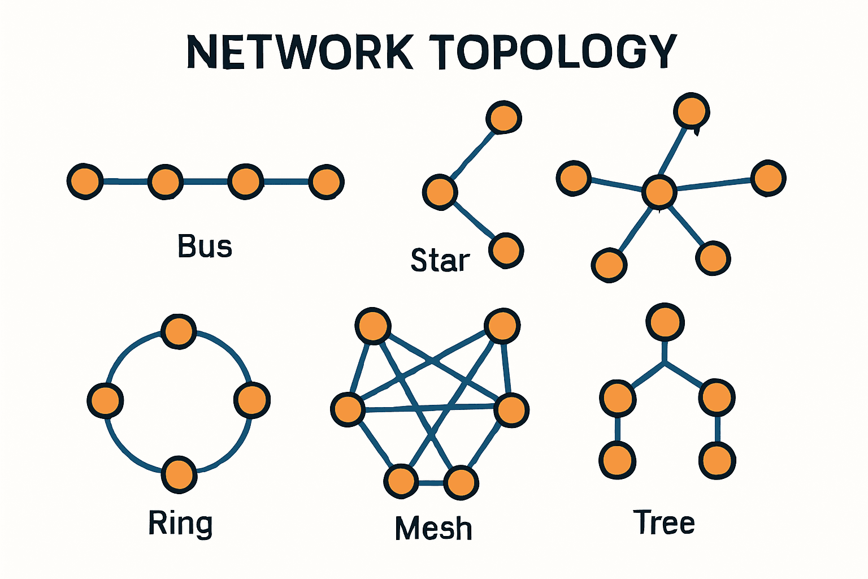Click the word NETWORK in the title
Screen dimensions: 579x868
(x=300, y=52)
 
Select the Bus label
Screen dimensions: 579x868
(x=205, y=247)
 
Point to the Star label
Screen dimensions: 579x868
(x=440, y=260)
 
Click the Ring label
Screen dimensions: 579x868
(x=180, y=524)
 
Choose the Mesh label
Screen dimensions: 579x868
(x=433, y=529)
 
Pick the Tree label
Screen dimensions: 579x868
(x=664, y=522)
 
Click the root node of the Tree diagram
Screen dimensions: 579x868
(x=665, y=322)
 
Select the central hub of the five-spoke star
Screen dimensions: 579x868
(x=659, y=192)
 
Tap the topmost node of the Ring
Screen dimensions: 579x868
(x=179, y=331)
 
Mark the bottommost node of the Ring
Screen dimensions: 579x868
(x=179, y=474)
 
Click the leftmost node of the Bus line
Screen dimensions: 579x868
(x=85, y=182)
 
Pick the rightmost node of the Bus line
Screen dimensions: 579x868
(x=326, y=182)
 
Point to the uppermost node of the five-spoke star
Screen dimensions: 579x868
(x=691, y=110)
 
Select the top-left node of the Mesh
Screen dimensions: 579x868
(x=373, y=326)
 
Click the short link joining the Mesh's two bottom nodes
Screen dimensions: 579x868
(x=431, y=483)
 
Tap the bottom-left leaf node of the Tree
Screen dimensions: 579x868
(x=617, y=460)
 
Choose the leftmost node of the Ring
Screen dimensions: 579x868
(x=105, y=400)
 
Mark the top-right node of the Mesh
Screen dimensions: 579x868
(x=502, y=326)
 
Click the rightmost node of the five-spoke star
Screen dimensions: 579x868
(x=767, y=178)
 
